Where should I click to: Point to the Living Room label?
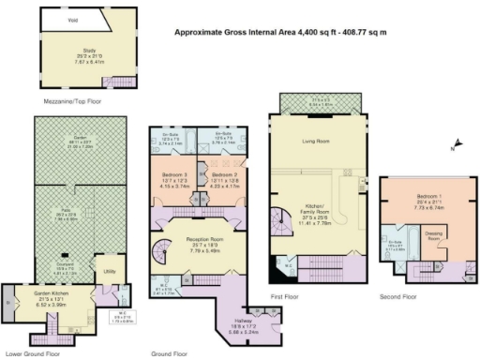[x=316, y=142]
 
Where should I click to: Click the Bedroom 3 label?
[x=176, y=174]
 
